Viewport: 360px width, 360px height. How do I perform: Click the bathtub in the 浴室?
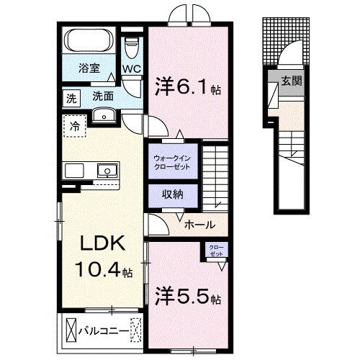[89, 39]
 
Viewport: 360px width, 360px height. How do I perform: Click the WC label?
[131, 69]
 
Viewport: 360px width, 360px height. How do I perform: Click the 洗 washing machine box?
[71, 96]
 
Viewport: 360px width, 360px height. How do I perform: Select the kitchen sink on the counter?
[107, 171]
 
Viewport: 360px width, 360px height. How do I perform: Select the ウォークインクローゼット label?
[171, 161]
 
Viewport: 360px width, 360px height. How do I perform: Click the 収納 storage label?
[171, 194]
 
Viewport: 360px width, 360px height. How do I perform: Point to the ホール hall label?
[199, 225]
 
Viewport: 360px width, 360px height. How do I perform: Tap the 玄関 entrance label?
[291, 80]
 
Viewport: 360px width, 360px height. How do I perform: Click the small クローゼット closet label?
[215, 251]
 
